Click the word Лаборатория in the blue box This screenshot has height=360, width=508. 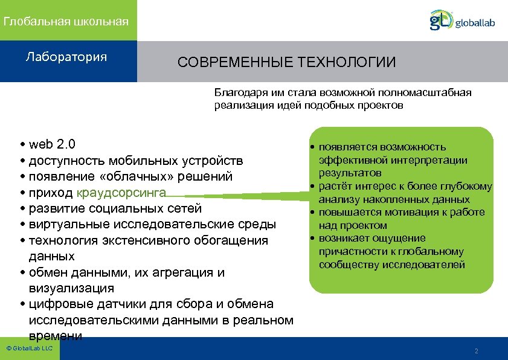pyautogui.click(x=66, y=57)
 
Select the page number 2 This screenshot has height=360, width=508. pyautogui.click(x=477, y=351)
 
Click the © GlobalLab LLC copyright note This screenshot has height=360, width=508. pyautogui.click(x=29, y=349)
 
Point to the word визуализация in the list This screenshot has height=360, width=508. pyautogui.click(x=71, y=288)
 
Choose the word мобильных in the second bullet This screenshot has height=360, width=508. pyautogui.click(x=144, y=161)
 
